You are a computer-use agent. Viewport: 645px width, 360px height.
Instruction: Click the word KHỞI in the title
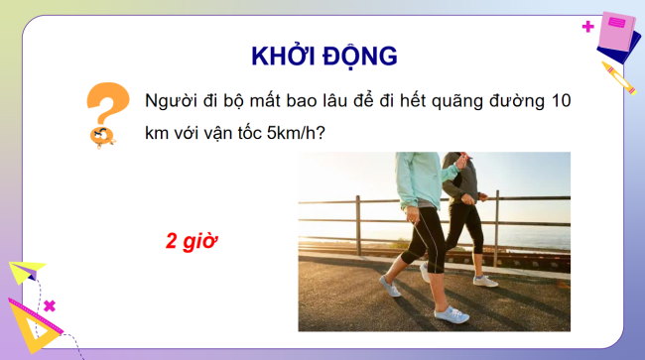(280, 55)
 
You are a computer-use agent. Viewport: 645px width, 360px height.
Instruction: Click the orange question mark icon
(106, 111)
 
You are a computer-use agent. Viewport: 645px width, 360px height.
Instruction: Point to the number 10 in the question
(564, 102)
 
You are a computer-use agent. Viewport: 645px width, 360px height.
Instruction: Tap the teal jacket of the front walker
(422, 179)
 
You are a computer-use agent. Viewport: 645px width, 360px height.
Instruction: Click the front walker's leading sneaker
(451, 313)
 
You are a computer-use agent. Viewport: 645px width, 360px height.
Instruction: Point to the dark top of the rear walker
(463, 179)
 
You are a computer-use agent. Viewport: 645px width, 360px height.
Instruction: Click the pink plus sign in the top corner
(588, 27)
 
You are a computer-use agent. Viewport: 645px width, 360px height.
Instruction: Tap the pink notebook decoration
(618, 35)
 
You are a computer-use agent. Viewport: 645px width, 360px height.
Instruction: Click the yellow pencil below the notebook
(617, 76)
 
